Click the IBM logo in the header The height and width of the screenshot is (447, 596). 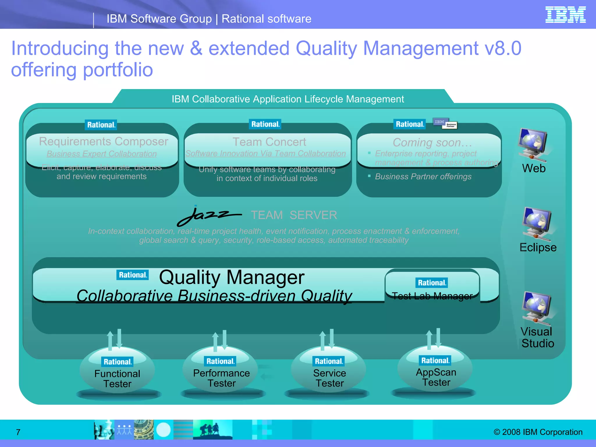(x=565, y=15)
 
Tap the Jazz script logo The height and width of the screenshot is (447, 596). (x=209, y=216)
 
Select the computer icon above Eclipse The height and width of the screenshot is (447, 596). (x=537, y=224)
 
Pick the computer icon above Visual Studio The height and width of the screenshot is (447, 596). (x=537, y=307)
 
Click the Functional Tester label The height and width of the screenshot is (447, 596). (x=117, y=379)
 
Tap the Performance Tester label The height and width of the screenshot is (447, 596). (x=221, y=378)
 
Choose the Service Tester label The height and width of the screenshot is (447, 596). (x=330, y=378)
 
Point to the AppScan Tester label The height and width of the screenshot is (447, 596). (x=436, y=377)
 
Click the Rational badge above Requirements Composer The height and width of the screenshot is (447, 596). (x=101, y=125)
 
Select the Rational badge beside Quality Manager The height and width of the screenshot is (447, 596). (x=132, y=275)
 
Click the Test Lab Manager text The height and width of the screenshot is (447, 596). (x=432, y=296)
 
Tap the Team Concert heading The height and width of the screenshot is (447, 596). (x=269, y=142)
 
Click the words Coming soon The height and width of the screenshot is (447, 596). (x=432, y=143)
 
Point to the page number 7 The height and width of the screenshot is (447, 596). (x=18, y=432)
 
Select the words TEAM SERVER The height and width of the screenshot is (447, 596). (x=294, y=215)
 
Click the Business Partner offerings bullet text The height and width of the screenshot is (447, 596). (x=423, y=177)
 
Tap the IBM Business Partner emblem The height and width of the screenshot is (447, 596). (x=445, y=123)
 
